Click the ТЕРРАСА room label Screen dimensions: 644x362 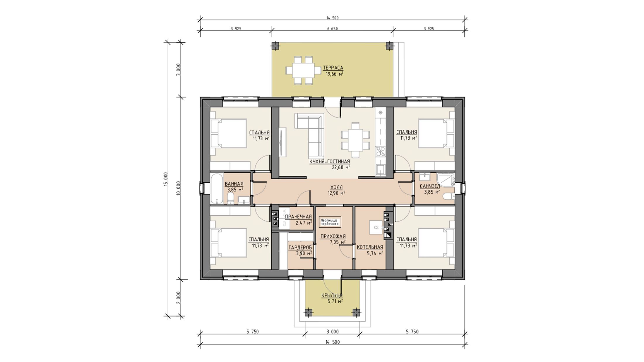tap(333, 68)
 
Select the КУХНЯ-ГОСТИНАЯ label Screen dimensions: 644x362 tap(330, 162)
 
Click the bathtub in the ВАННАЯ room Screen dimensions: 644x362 tap(217, 189)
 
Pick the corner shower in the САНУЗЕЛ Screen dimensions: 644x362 tap(446, 179)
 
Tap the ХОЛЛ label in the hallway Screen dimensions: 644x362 tap(336, 187)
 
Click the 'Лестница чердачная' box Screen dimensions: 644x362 tap(330, 222)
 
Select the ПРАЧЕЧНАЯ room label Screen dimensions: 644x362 tap(298, 217)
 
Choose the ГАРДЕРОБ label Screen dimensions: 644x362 tap(300, 248)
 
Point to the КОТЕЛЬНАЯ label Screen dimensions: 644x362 tap(370, 247)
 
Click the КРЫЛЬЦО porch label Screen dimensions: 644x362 tap(332, 295)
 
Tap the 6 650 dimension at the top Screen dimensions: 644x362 tap(332, 29)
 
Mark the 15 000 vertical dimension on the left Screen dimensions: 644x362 tap(166, 179)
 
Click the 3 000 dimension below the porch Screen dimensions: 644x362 tap(333, 332)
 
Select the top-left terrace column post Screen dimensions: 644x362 tap(275, 46)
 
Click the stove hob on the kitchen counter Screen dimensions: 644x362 tap(381, 151)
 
